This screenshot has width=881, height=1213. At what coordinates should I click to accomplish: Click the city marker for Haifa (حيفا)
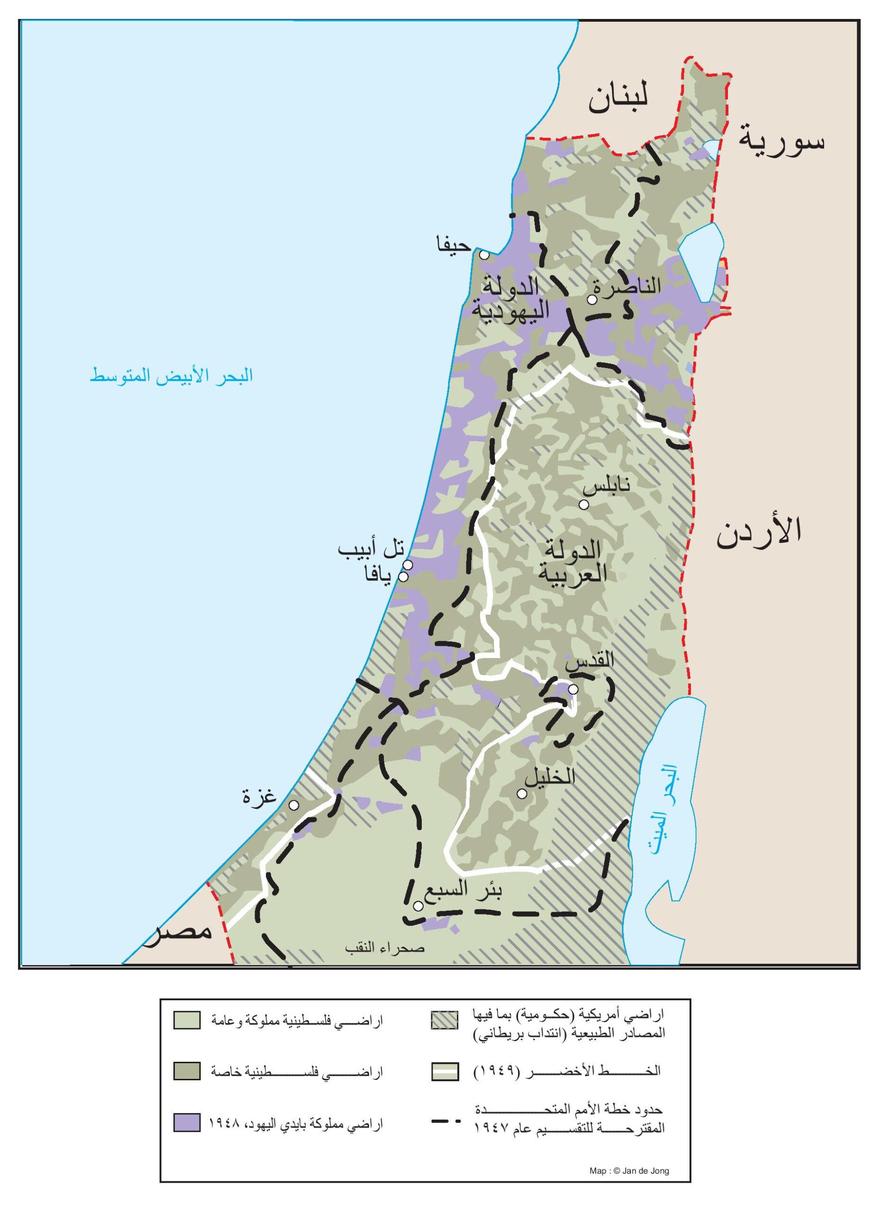pyautogui.click(x=484, y=255)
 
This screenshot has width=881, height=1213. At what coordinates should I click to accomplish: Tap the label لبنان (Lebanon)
pyautogui.click(x=618, y=100)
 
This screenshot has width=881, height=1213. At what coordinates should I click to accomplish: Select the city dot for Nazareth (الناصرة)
pyautogui.click(x=591, y=300)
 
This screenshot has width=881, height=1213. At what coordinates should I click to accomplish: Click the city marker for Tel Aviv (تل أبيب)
pyautogui.click(x=408, y=565)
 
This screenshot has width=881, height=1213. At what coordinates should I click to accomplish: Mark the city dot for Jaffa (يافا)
pyautogui.click(x=403, y=577)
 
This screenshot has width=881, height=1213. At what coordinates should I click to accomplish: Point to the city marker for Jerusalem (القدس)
pyautogui.click(x=573, y=689)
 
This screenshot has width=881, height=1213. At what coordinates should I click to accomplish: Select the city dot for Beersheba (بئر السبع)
pyautogui.click(x=419, y=906)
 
